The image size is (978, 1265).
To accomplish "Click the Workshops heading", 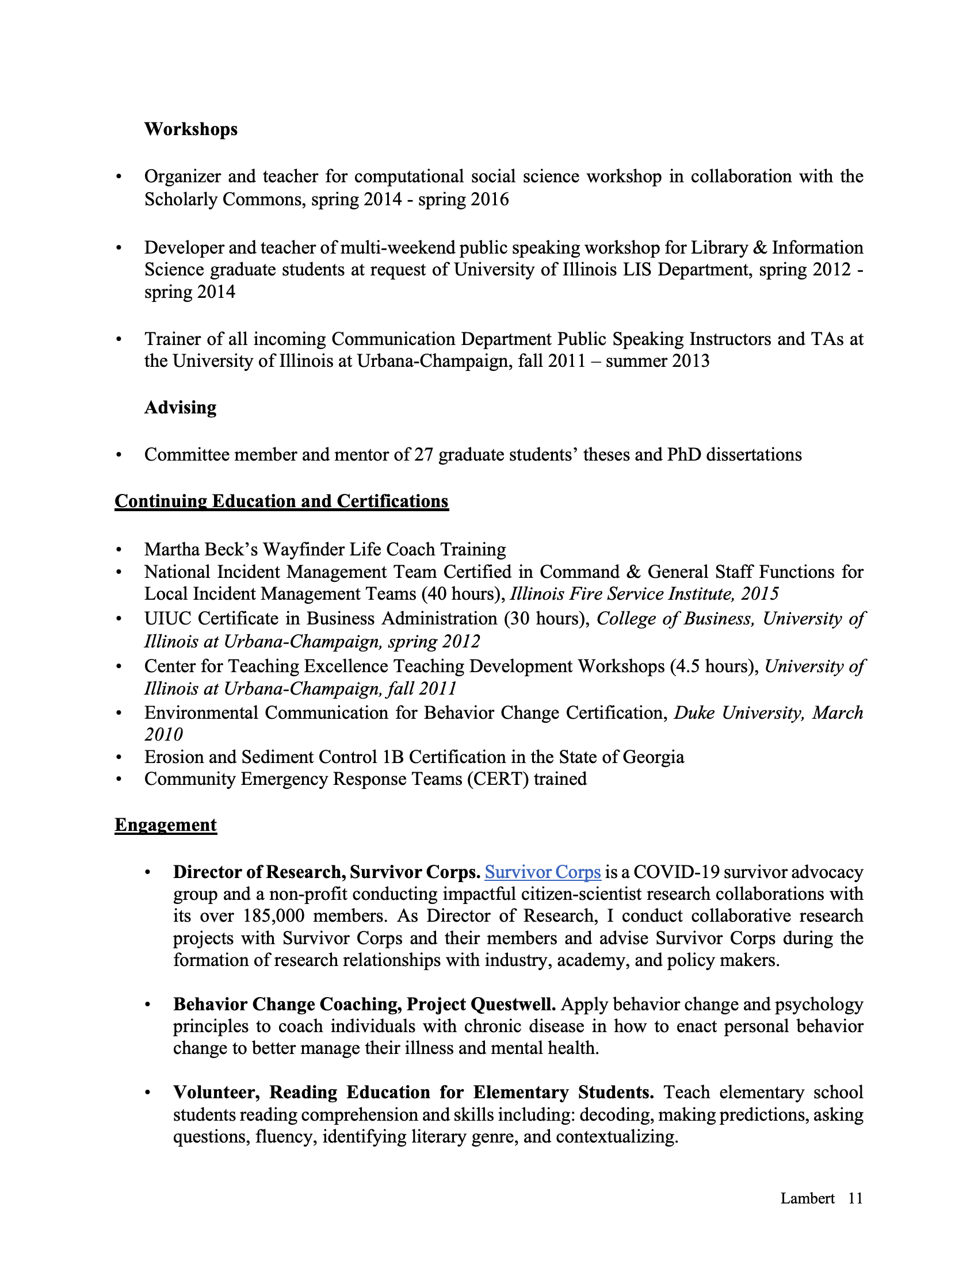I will click(x=190, y=129).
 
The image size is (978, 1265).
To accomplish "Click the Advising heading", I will click(x=180, y=408).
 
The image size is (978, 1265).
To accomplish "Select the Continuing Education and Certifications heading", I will click(x=281, y=501).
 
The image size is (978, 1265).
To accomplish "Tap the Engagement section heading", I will click(x=165, y=825).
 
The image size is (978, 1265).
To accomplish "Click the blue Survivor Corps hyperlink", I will click(x=543, y=872).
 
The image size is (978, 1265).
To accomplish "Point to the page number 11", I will click(x=855, y=1198).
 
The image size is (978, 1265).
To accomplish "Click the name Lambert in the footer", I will click(x=807, y=1198).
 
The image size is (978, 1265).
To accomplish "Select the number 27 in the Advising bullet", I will click(x=423, y=455).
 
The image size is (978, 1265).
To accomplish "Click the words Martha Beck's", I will click(x=200, y=550).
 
